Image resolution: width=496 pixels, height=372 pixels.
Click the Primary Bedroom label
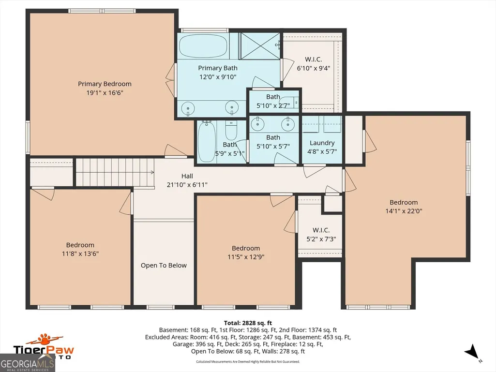(105, 84)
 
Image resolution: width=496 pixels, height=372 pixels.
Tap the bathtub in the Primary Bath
(203, 46)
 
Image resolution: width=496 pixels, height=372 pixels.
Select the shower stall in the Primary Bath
(260, 46)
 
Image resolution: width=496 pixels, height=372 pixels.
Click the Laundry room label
(322, 143)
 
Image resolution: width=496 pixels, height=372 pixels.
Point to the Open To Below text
(164, 266)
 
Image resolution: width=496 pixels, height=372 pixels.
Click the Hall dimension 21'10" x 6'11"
(187, 185)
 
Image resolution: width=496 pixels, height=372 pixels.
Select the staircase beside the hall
(115, 172)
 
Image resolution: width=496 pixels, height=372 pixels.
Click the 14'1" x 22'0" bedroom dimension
(404, 211)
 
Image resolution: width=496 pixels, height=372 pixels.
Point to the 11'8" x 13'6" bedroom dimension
(80, 253)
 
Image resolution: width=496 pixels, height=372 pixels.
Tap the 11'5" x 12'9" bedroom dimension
(246, 257)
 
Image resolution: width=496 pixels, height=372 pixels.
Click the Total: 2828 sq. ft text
(248, 323)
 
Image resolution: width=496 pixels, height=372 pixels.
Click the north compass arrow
(472, 352)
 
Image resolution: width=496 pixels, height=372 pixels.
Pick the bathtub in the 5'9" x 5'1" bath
(207, 141)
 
